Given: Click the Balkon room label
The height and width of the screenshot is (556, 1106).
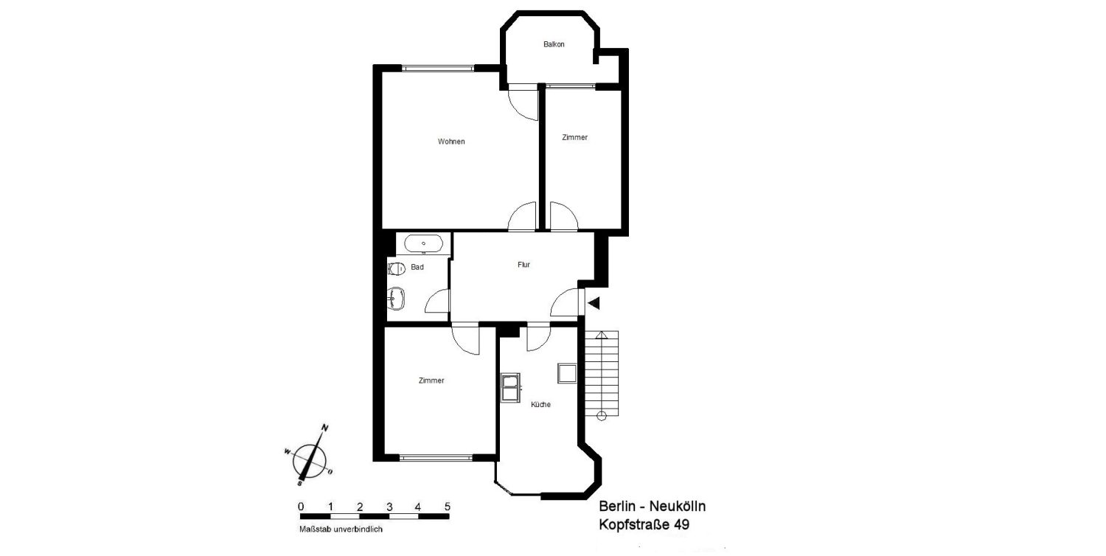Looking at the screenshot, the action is coord(554,44).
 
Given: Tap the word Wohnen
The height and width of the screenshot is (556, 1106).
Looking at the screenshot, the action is coord(451,142).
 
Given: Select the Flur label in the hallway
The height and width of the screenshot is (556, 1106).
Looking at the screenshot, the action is coord(524,265).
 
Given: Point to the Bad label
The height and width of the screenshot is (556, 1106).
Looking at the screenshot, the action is coord(417,267).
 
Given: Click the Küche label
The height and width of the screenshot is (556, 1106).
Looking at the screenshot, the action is coord(540,404).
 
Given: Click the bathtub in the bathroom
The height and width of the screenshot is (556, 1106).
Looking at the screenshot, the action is coord(424,244).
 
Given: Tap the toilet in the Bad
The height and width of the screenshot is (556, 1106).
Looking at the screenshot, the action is coord(397,269).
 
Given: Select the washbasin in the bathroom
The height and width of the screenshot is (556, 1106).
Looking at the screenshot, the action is coord(396,298).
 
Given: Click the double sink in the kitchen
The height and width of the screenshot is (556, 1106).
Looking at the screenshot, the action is coord(510,388).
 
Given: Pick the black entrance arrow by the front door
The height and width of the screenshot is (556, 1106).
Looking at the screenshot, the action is coord(594,303).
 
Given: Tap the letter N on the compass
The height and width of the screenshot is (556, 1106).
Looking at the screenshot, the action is coord(325,428).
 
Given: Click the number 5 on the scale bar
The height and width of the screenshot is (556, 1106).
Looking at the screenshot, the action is coord(448,507).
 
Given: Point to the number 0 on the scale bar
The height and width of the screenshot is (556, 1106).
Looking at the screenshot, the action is coord(301,507).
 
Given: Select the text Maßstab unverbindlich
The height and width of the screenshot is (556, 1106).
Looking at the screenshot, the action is coord(341,529).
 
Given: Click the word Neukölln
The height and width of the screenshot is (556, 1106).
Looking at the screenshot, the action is coord(678,506).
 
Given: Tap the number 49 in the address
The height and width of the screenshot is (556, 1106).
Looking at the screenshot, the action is coord(682,524).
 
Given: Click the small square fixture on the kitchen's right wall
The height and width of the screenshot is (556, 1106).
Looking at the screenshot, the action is coord(567,373).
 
